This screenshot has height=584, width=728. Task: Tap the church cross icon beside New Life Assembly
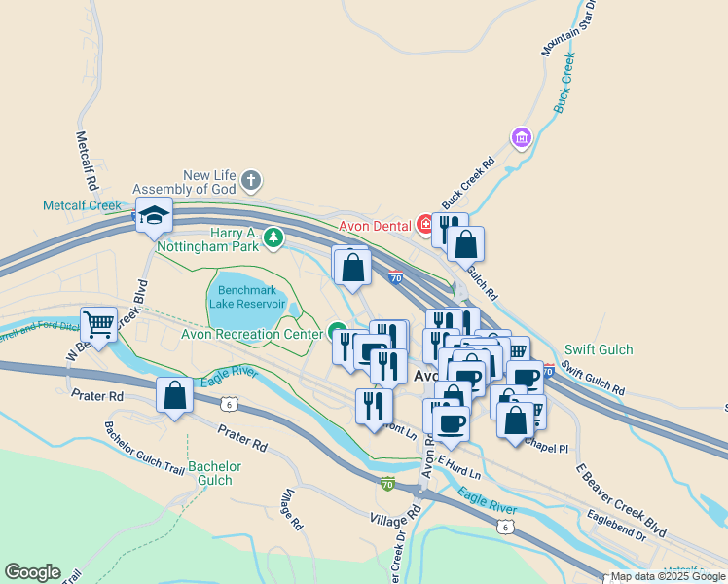252,179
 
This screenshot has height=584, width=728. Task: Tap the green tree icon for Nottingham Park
274,236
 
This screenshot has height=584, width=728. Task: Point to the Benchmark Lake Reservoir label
247,297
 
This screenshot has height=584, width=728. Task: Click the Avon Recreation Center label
251,334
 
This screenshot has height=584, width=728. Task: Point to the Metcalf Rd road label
86,161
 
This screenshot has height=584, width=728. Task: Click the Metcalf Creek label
82,205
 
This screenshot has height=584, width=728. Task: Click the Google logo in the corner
32,572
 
